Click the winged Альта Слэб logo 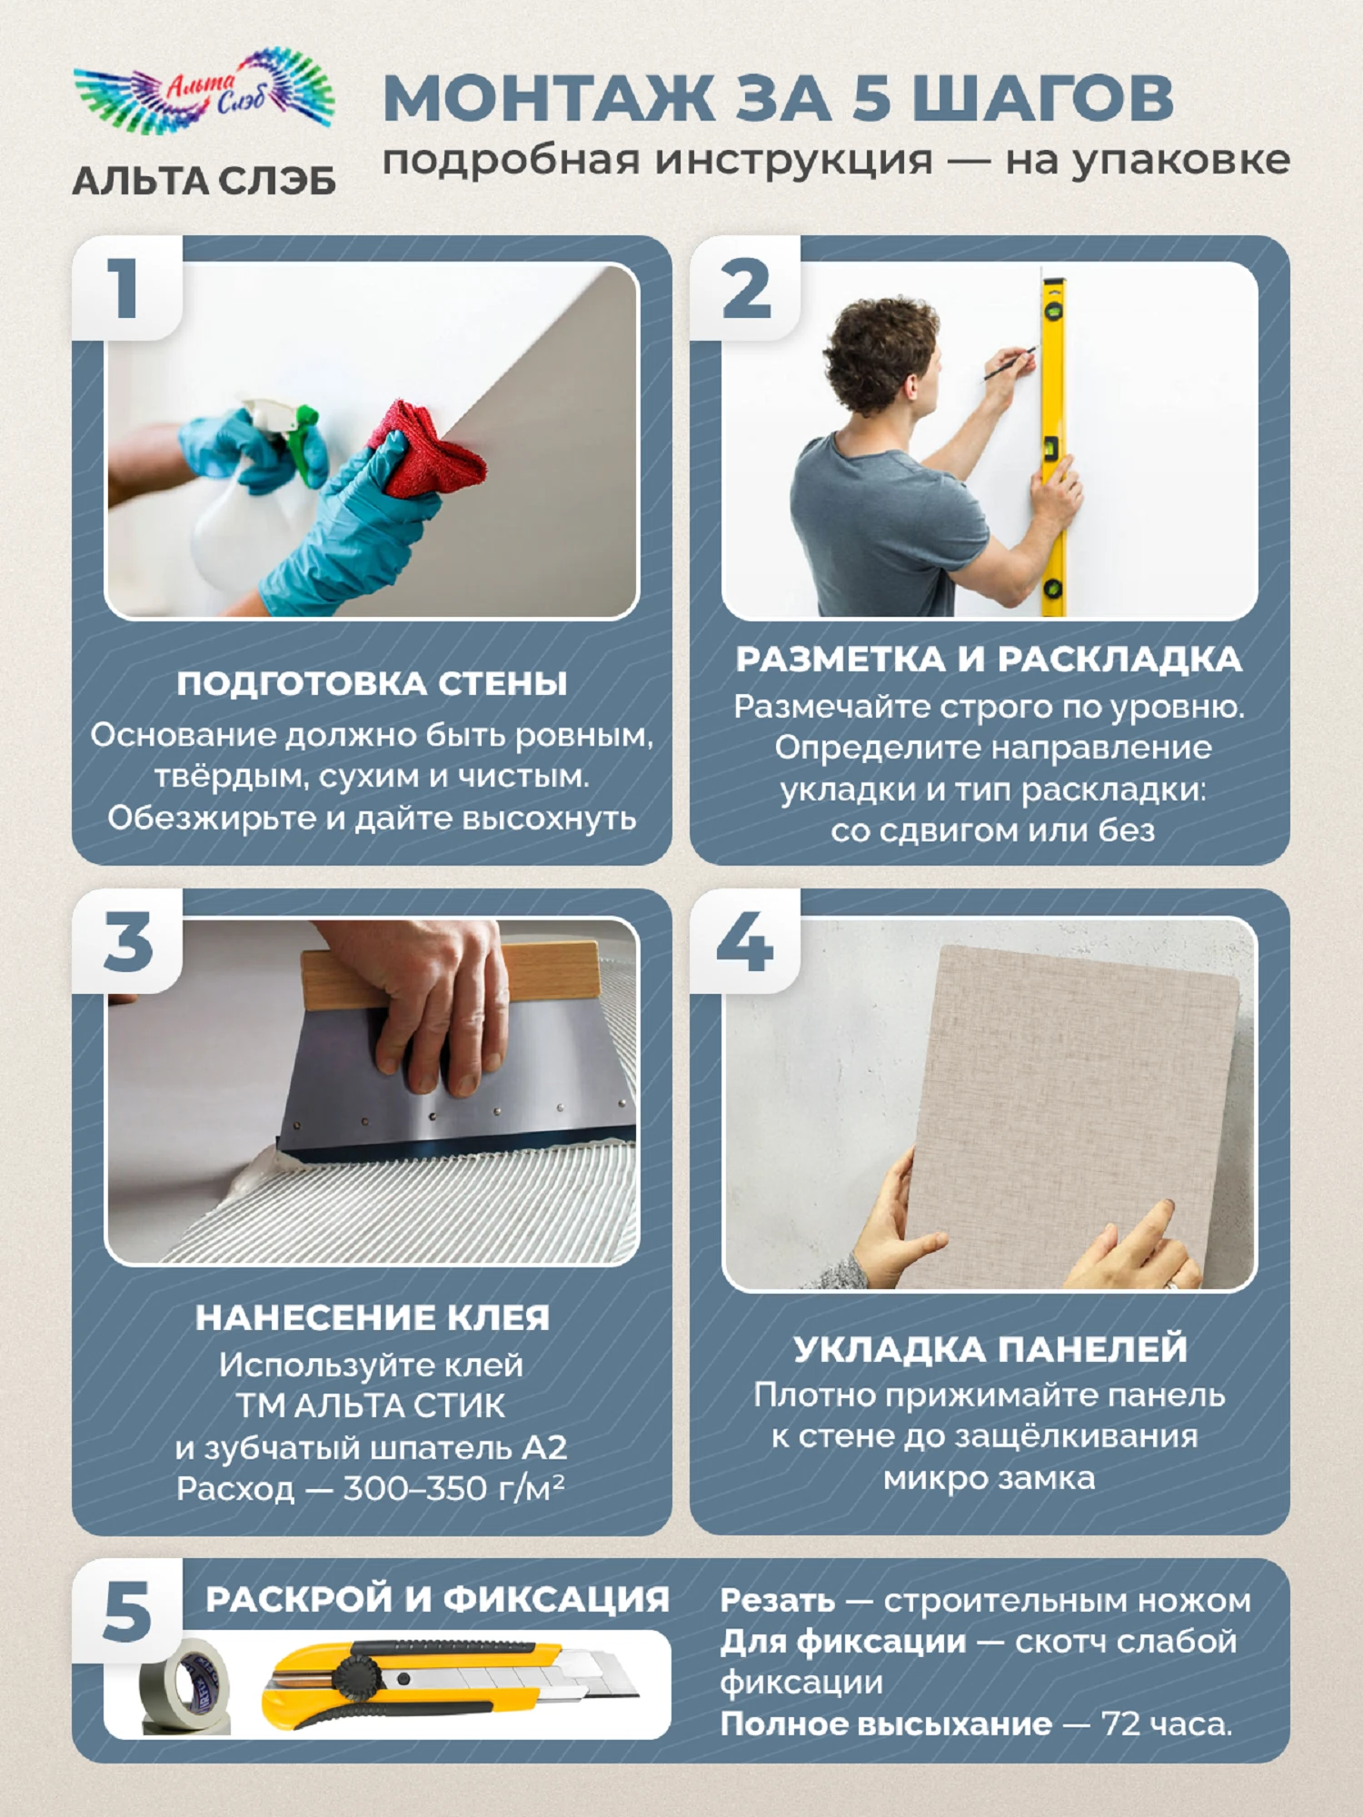point(204,91)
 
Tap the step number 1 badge point(126,288)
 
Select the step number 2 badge point(745,288)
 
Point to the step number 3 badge point(127,941)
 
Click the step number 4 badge point(745,941)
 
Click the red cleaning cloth point(427,450)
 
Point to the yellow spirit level point(1053,445)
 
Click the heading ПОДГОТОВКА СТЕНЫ point(372,684)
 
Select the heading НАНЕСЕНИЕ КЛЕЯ point(373,1318)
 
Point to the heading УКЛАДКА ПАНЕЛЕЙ point(990,1349)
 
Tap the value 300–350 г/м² point(453,1488)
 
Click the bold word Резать point(777,1602)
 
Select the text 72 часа point(1167,1723)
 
